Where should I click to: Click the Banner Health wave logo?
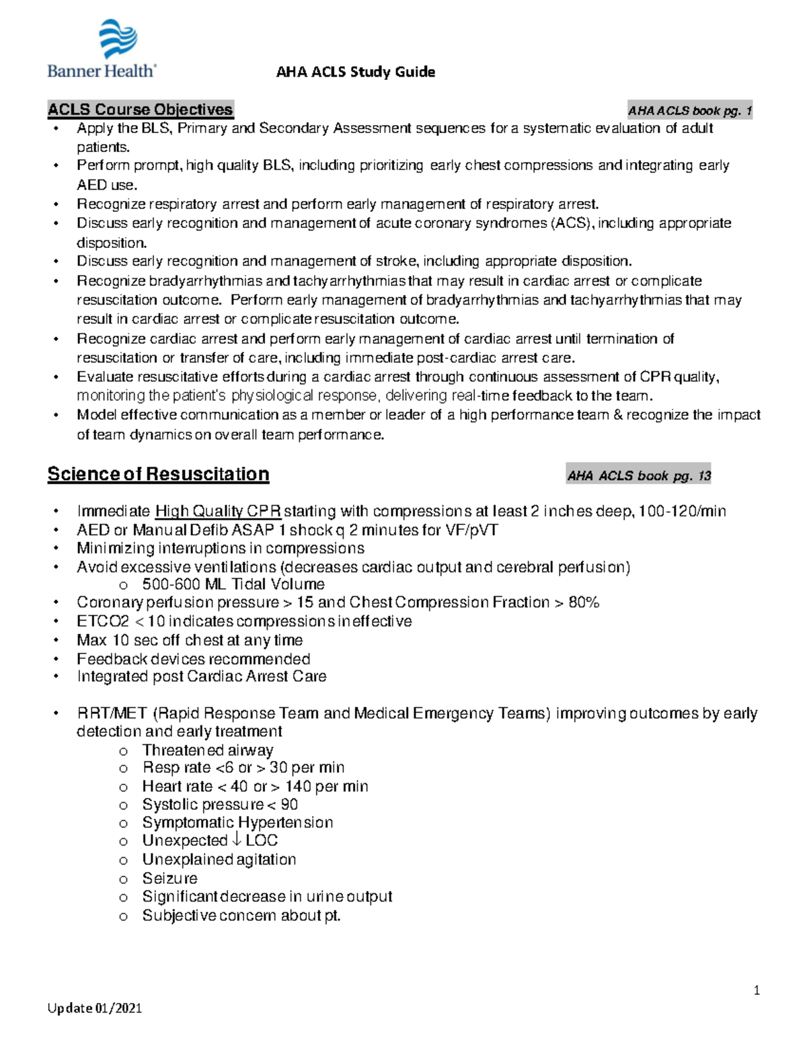coord(118,38)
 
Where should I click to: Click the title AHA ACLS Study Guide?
coord(355,72)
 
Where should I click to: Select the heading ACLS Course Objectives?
coord(140,110)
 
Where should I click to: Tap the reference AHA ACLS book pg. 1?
coord(689,111)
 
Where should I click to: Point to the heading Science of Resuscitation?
coord(158,474)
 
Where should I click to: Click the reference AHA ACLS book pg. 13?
coord(639,476)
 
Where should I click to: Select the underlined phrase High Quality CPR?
coord(218,511)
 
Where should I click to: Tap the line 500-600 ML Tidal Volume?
coord(233,584)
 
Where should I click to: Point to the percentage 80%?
coord(584,602)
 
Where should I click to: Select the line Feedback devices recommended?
coord(193,659)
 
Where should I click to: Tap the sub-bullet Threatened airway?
coord(207,750)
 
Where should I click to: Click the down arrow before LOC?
coord(236,840)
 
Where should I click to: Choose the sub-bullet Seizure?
coord(169,878)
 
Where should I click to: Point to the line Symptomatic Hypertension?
coord(237,822)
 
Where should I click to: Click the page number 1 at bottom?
coord(757,990)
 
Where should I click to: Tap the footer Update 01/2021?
coord(94,1008)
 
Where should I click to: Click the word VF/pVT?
coord(471,530)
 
